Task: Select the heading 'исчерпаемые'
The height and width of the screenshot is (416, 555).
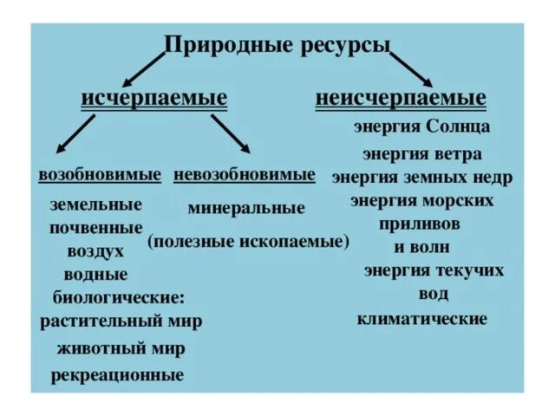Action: pos(154,97)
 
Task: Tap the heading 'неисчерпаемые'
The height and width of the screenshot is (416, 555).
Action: pos(401,97)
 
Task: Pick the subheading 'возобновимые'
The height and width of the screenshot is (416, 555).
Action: pos(100,174)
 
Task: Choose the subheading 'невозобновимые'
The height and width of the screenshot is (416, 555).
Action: pos(245,174)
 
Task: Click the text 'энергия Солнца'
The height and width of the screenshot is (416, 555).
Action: pos(422,127)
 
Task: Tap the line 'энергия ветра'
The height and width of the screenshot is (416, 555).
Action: pos(421,154)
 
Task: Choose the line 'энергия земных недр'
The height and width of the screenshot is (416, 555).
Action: pos(421,178)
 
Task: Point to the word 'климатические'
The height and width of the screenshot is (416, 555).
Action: pos(422,319)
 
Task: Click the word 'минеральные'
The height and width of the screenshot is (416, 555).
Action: pos(246,208)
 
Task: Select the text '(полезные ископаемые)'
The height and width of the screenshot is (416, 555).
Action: pos(248,241)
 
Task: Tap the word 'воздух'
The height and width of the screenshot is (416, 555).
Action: pos(95,251)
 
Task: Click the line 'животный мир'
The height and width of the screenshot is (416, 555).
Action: pos(121,349)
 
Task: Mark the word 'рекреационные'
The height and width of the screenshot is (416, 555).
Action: pos(117,375)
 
